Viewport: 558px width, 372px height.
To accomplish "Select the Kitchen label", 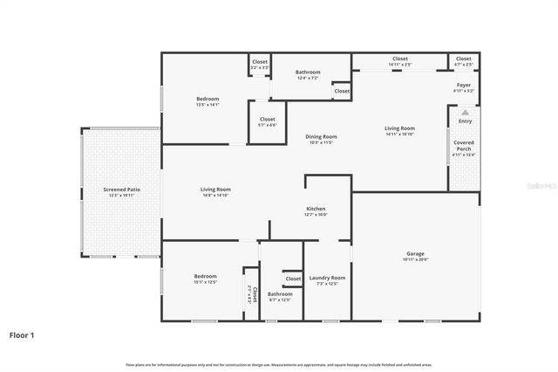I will coord(316,209).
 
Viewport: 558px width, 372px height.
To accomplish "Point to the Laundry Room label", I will coord(327,278).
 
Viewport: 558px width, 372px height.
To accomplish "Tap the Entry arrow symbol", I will coord(465,113).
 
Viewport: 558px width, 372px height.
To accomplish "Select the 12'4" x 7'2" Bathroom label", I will coord(308,72).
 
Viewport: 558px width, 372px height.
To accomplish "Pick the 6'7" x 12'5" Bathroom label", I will coord(280,294).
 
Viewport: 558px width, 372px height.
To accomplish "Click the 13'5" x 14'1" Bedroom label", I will coord(208,100).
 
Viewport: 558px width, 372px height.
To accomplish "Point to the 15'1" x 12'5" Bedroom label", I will coord(205,277).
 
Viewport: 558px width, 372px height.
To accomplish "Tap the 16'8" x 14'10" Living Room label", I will coord(215,189).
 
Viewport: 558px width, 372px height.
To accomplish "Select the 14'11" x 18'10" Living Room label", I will coord(400,129).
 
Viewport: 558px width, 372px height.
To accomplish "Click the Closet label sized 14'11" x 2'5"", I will coord(400,59).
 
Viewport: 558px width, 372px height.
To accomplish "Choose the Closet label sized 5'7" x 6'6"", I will coord(267,120).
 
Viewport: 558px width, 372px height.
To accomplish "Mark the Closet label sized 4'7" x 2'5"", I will coord(463,59).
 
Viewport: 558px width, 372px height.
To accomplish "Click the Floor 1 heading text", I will coord(22,334).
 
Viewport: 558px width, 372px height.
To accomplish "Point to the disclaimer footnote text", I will coord(279,364).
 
